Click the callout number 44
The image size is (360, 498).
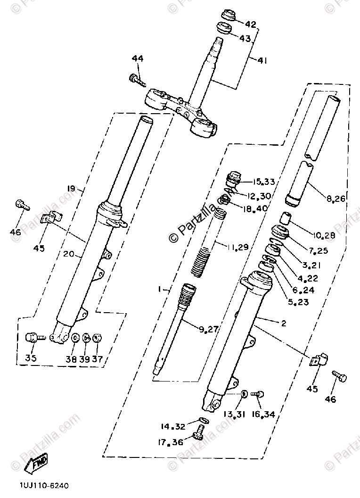(x=138, y=59)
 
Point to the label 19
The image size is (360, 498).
(x=71, y=189)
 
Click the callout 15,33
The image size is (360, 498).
(x=263, y=182)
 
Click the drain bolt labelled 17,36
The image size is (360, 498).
(x=198, y=432)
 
